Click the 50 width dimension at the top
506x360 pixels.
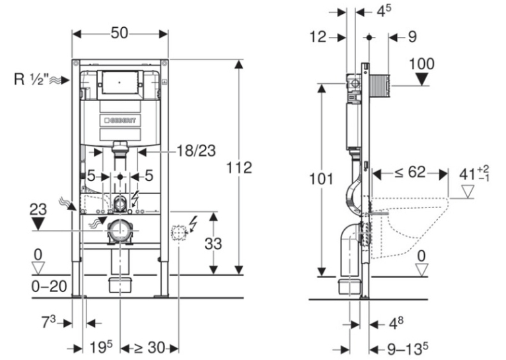pyautogui.click(x=120, y=33)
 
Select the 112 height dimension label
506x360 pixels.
pyautogui.click(x=239, y=168)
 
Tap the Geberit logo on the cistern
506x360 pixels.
pyautogui.click(x=120, y=121)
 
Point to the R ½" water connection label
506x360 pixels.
pyautogui.click(x=31, y=79)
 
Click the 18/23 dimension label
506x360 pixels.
pyautogui.click(x=196, y=151)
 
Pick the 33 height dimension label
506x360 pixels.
pyautogui.click(x=213, y=244)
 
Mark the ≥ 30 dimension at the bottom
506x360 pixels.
pyautogui.click(x=150, y=347)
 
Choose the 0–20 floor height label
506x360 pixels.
pyautogui.click(x=49, y=286)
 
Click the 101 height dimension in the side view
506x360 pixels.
pyautogui.click(x=321, y=179)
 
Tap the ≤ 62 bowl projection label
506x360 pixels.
pyautogui.click(x=410, y=172)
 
